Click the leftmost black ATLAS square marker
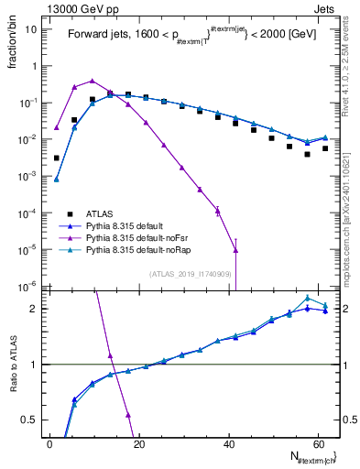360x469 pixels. [x=56, y=158]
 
